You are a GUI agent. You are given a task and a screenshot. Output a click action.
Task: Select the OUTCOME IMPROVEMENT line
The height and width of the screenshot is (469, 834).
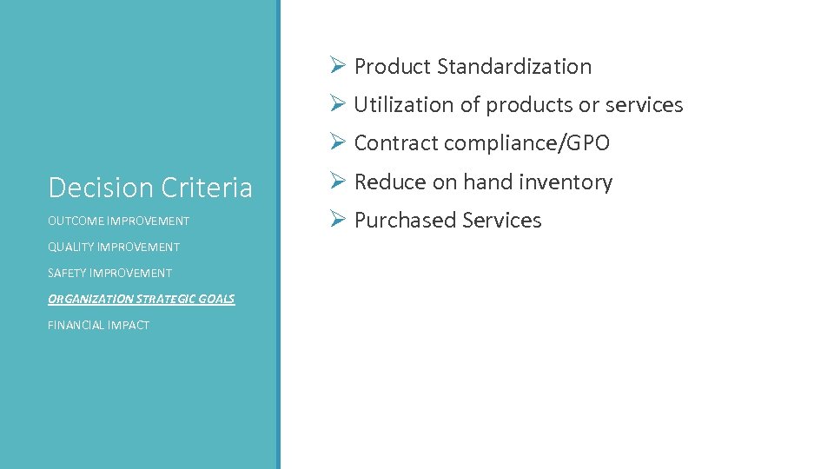(118, 221)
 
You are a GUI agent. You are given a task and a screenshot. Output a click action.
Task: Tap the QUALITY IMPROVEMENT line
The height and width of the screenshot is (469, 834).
(114, 247)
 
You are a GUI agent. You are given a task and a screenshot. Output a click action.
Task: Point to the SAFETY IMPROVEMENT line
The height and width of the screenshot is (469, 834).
(109, 273)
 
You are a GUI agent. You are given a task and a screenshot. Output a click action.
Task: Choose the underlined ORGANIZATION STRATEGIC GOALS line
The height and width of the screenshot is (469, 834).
(141, 299)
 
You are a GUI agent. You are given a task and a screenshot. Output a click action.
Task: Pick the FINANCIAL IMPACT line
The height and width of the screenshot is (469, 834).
(98, 325)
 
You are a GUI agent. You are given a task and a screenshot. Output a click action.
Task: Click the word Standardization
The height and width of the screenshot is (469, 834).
(514, 67)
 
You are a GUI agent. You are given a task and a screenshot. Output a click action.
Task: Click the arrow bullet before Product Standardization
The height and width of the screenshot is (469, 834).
(338, 66)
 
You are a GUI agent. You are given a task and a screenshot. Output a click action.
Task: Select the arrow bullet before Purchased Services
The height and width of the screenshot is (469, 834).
(338, 220)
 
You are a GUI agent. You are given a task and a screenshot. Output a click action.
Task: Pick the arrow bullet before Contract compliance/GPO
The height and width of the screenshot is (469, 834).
(338, 142)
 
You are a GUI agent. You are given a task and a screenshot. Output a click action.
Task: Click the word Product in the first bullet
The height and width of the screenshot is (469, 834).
(393, 67)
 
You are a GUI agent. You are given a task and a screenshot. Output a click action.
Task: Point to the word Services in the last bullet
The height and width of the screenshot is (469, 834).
(502, 221)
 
